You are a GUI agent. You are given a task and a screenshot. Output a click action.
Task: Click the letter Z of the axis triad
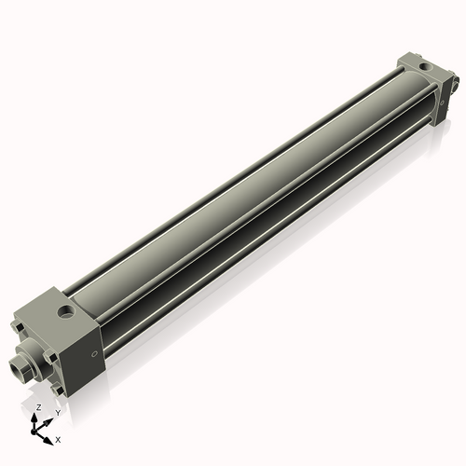38,408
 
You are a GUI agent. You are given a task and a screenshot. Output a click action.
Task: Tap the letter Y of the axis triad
58,412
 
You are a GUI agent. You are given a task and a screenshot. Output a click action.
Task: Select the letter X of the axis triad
58,438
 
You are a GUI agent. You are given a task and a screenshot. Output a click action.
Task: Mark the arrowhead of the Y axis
50,418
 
